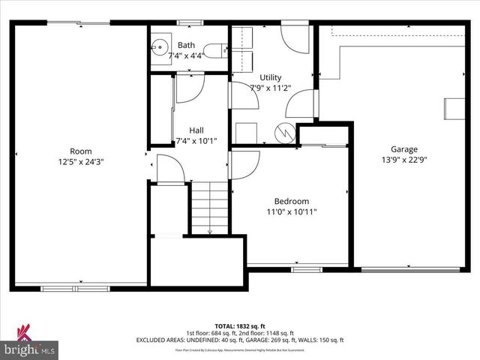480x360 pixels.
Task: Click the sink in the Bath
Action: tap(160, 49)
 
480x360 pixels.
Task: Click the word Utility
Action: tap(270, 77)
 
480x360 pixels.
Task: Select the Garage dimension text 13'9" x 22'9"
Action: tap(403, 160)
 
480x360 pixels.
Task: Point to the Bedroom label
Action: tap(290, 201)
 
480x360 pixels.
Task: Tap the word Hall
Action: tap(196, 129)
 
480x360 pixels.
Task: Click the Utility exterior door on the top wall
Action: tap(295, 37)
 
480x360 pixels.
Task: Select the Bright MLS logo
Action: tap(30, 343)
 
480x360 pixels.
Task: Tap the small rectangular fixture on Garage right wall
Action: tap(454, 108)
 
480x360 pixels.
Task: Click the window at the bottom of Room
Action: tap(75, 287)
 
